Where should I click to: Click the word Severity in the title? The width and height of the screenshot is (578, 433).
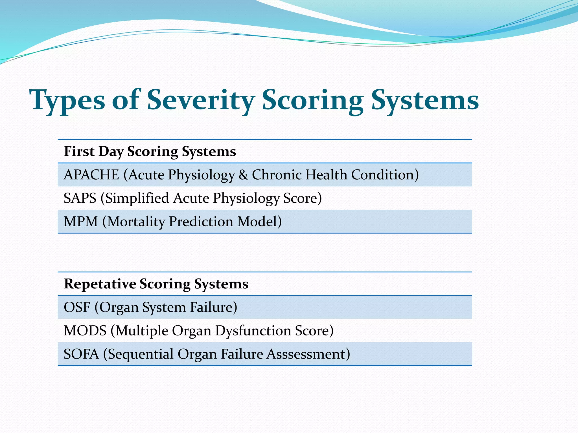(x=201, y=100)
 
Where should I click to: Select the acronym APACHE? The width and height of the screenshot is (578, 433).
(x=91, y=175)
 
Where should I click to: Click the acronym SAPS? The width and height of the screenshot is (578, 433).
(x=80, y=198)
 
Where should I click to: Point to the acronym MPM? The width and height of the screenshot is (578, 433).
(x=81, y=222)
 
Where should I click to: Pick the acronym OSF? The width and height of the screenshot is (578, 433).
(x=77, y=307)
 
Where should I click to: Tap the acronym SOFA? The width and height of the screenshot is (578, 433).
(x=81, y=354)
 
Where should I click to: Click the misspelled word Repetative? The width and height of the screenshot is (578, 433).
(x=100, y=284)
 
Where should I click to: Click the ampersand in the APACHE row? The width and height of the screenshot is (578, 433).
(x=243, y=175)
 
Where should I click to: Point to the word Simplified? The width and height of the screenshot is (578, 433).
(x=137, y=198)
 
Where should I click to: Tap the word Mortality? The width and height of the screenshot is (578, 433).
(x=136, y=222)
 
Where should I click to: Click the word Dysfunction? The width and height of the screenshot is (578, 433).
(x=253, y=331)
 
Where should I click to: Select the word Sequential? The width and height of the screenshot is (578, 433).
(x=141, y=354)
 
